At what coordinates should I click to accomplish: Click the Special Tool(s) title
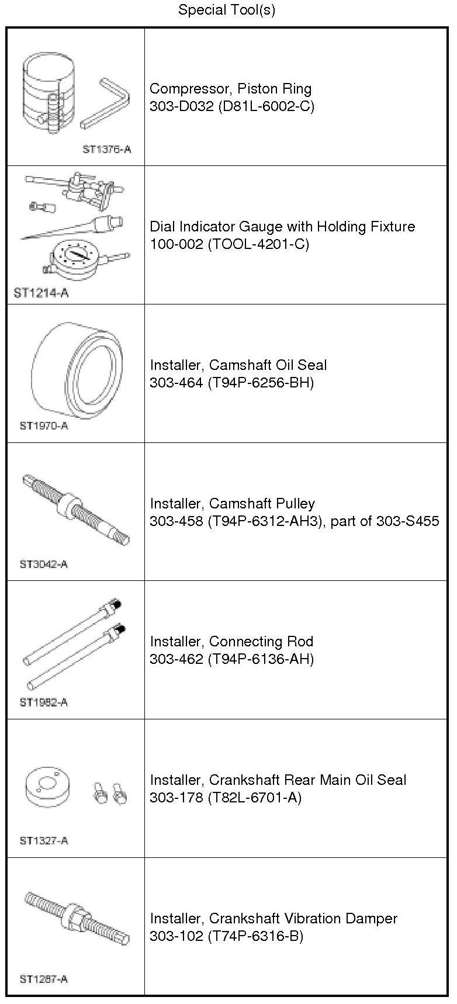(x=226, y=10)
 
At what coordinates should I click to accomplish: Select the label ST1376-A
(x=106, y=149)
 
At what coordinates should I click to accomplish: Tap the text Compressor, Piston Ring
(x=230, y=89)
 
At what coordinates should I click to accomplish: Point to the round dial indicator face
(x=74, y=257)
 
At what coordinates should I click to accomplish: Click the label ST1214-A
(x=41, y=293)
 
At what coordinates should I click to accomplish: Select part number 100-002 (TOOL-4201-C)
(x=229, y=244)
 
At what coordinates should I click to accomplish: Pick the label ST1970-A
(x=44, y=425)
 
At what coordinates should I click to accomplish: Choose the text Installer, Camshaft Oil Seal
(x=238, y=365)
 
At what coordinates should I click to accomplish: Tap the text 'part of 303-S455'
(x=385, y=521)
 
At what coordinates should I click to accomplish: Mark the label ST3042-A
(x=44, y=564)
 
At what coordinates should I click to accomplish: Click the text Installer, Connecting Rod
(x=231, y=642)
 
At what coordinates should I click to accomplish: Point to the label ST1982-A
(x=44, y=702)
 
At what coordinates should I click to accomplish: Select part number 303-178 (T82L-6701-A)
(x=226, y=797)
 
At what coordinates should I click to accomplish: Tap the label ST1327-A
(x=44, y=840)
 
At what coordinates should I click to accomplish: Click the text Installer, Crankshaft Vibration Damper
(x=273, y=918)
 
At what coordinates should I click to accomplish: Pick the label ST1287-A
(x=44, y=979)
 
